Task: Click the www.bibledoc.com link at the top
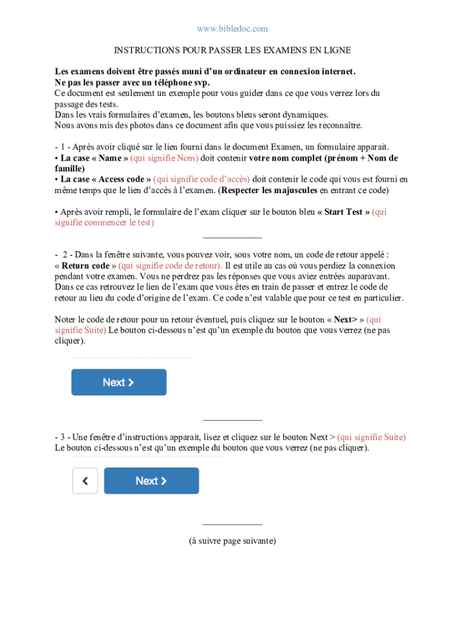click(232, 29)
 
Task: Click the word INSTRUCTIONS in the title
click(143, 50)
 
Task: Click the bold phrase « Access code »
click(106, 179)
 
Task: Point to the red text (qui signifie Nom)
click(164, 158)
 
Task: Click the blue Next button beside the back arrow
click(151, 481)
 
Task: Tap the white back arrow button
click(85, 481)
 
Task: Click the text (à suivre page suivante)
click(232, 541)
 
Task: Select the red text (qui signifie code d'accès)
click(202, 179)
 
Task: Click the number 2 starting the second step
click(64, 255)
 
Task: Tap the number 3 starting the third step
click(63, 437)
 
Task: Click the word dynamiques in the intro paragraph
click(307, 115)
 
